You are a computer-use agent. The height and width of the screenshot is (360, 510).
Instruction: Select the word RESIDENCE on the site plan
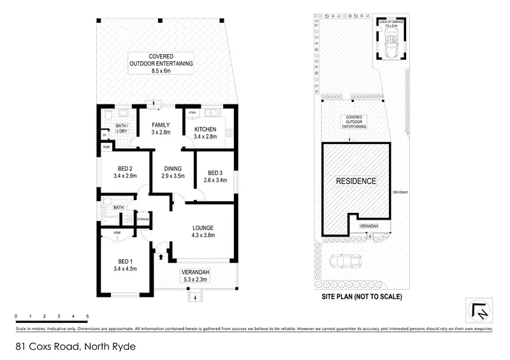(x=356, y=181)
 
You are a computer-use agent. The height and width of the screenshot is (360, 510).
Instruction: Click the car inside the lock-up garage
(x=391, y=47)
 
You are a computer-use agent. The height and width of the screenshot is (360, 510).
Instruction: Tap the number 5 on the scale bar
(x=87, y=316)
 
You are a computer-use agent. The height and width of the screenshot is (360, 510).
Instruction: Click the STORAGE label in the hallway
(x=143, y=220)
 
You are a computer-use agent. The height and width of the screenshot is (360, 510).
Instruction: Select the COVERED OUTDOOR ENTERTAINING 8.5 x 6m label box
(x=162, y=64)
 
